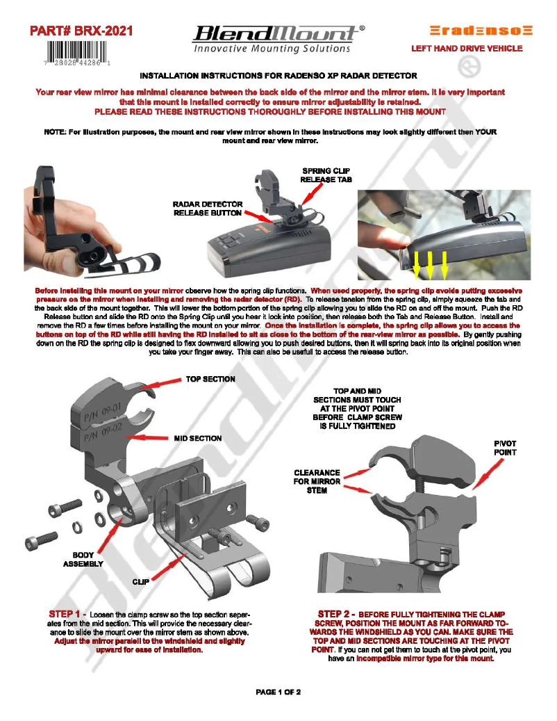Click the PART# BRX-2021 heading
(x=81, y=31)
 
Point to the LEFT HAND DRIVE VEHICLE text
(x=467, y=49)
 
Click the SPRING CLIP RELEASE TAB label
(x=326, y=175)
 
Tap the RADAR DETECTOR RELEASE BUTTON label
(x=208, y=209)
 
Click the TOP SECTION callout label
(x=210, y=379)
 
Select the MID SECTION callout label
(x=197, y=439)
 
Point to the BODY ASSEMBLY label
(x=83, y=560)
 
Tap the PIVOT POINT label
(x=505, y=448)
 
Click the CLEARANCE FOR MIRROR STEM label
(x=317, y=481)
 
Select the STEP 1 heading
(x=67, y=614)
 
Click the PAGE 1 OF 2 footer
(x=278, y=692)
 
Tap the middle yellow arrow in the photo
(x=431, y=262)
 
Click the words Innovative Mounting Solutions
(x=272, y=49)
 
